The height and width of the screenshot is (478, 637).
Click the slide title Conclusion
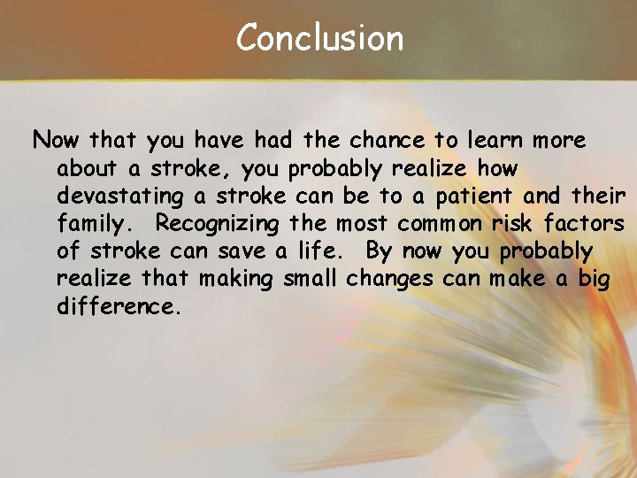319,38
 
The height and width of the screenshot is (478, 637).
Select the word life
326,251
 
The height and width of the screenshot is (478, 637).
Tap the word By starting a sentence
378,251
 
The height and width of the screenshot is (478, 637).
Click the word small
311,279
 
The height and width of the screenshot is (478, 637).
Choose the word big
594,279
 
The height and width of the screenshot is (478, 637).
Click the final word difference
118,306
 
